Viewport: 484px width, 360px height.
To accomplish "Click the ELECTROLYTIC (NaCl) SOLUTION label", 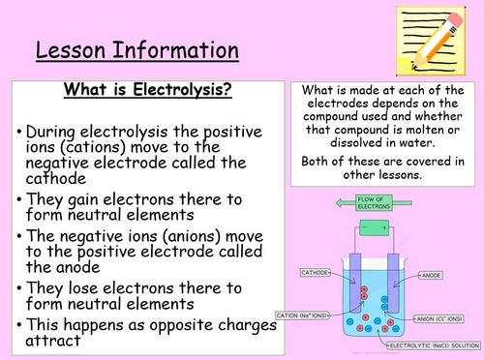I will click(x=432, y=345).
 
